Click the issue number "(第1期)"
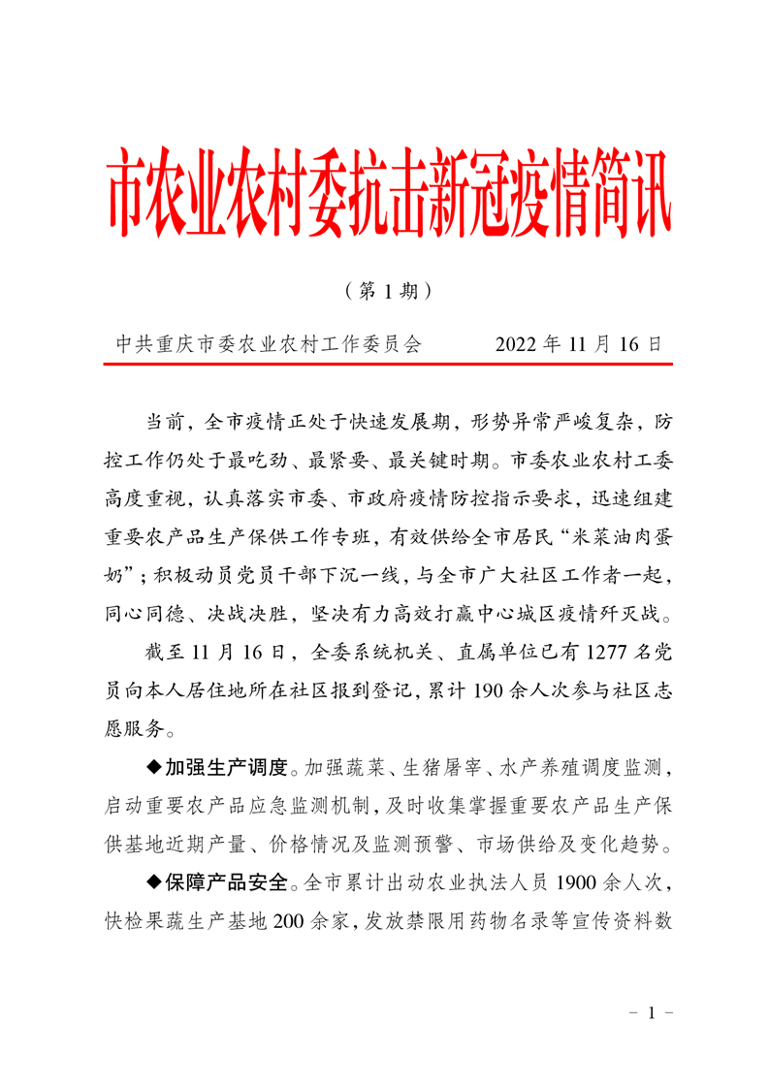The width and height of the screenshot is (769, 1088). point(385,289)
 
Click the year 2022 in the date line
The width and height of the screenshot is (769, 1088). point(517,344)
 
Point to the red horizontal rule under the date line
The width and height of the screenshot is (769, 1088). point(388,366)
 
